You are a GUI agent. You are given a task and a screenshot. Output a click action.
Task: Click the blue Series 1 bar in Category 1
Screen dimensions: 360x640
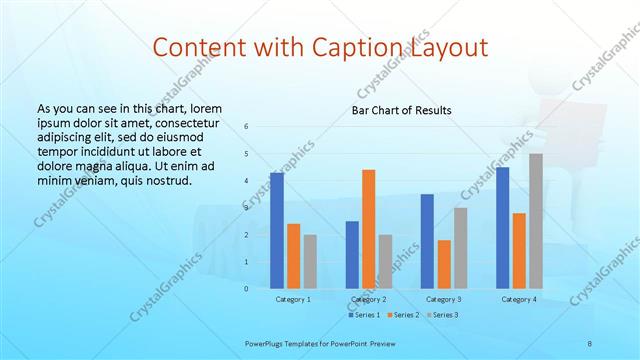click(277, 230)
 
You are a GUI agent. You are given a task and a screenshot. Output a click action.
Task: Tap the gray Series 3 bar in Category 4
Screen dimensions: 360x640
click(536, 220)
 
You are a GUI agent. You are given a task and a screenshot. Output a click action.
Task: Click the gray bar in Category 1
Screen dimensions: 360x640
click(310, 261)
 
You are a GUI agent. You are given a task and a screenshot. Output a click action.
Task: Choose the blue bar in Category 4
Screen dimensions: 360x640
click(502, 227)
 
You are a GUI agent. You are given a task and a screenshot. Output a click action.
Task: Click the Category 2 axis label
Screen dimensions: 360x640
click(369, 299)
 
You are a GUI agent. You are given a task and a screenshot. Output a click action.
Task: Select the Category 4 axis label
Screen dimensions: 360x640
click(519, 299)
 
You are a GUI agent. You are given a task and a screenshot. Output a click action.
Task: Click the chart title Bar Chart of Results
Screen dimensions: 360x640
click(401, 110)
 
